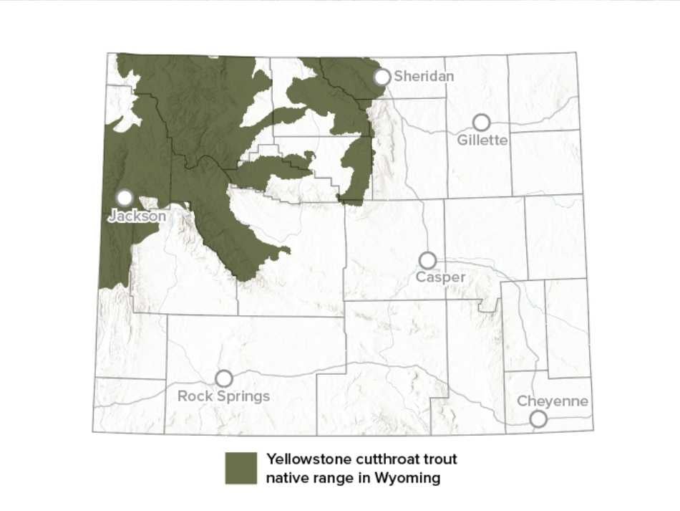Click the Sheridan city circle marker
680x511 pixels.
coord(382,77)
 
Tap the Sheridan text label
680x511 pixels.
coord(424,76)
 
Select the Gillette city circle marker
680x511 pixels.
coord(482,123)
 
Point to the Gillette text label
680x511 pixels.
coord(482,140)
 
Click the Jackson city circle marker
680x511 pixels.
coord(125,197)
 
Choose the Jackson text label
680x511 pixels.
coord(137,215)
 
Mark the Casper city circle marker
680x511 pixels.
coord(427,259)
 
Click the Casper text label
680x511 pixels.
coord(441,277)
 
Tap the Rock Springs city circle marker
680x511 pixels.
coord(224,378)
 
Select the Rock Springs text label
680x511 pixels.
coord(223,396)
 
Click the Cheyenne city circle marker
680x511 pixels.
coord(538,419)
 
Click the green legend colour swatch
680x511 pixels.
coord(241,468)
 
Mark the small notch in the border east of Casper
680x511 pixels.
coord(488,308)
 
